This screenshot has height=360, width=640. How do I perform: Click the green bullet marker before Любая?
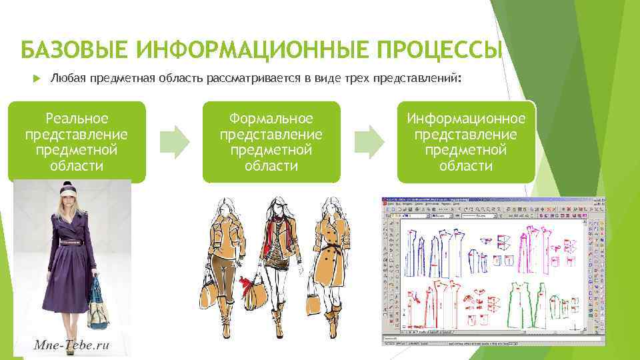pyautogui.click(x=37, y=79)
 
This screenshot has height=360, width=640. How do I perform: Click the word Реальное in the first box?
pyautogui.click(x=77, y=119)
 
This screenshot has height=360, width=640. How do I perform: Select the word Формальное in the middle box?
pyautogui.click(x=271, y=119)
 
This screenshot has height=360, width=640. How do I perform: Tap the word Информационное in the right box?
pyautogui.click(x=466, y=119)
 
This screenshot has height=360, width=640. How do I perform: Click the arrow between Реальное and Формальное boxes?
pyautogui.click(x=174, y=141)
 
